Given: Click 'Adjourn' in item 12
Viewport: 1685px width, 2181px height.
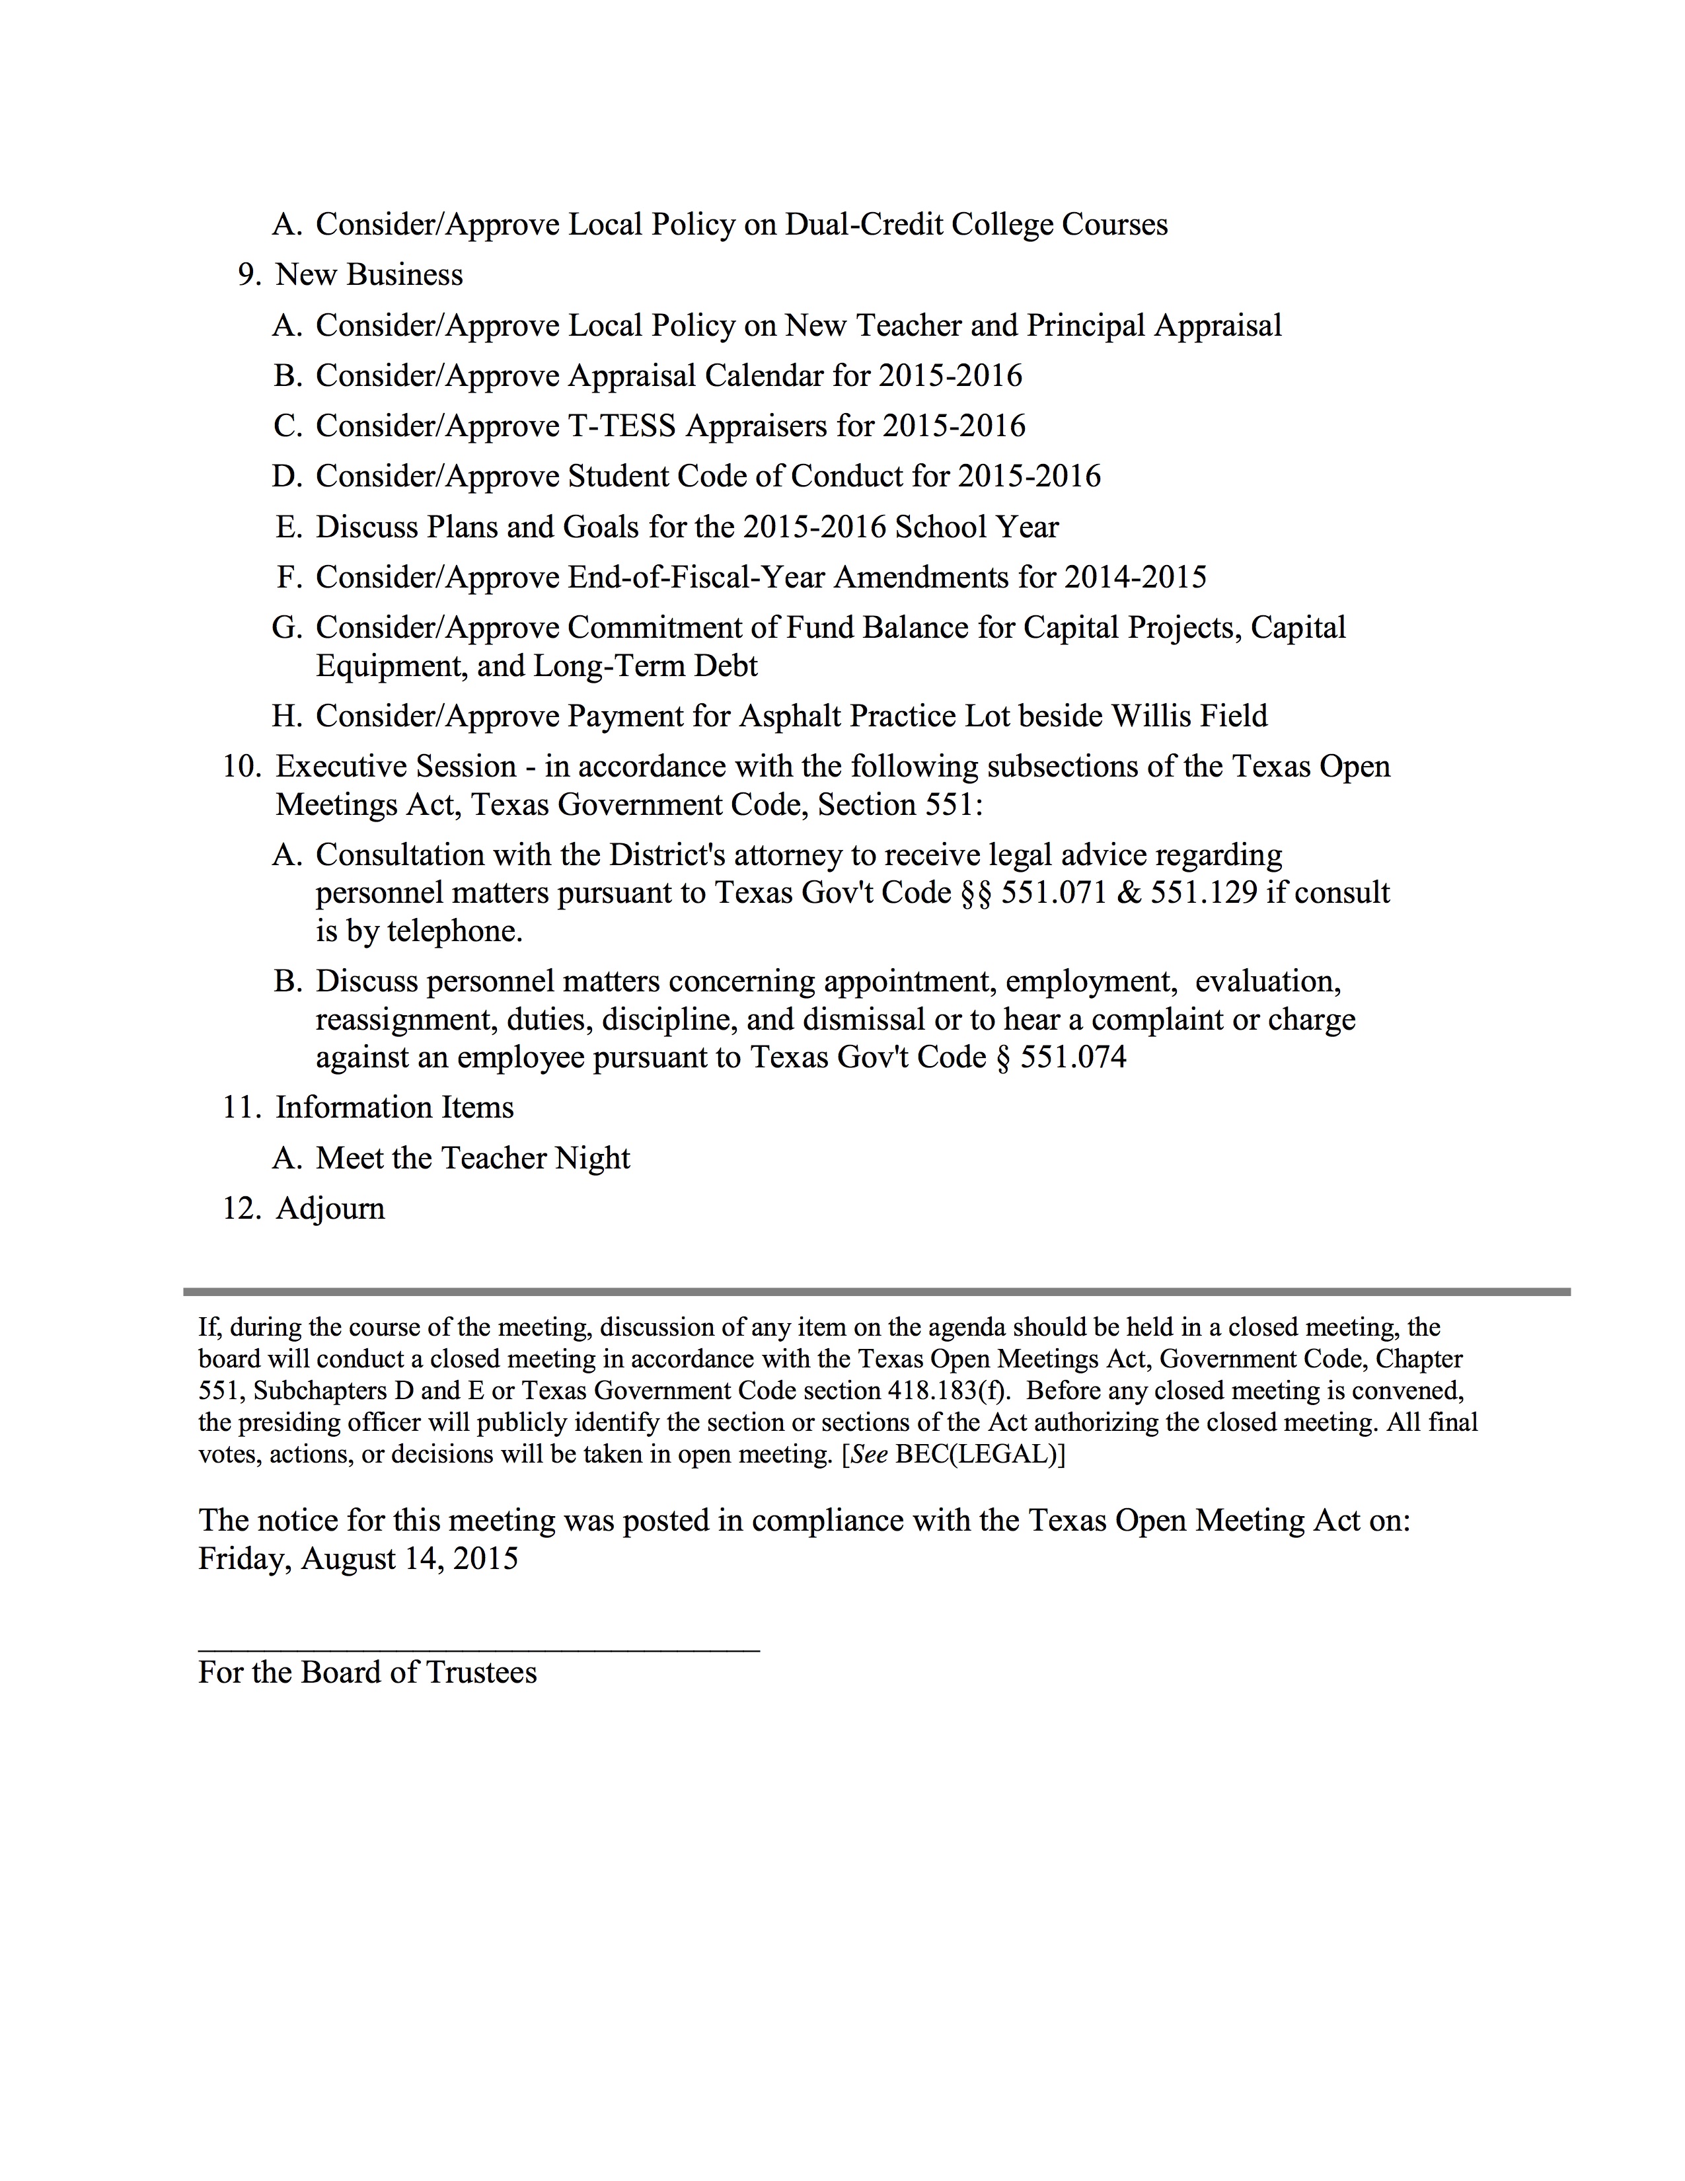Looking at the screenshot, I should [x=330, y=1208].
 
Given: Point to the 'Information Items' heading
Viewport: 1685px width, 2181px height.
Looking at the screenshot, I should [x=394, y=1108].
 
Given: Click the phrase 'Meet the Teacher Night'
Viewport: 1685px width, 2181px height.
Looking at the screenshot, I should [x=472, y=1159].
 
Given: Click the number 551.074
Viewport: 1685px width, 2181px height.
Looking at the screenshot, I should [x=1073, y=1057].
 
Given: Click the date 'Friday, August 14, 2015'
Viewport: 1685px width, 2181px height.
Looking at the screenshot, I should [x=357, y=1559].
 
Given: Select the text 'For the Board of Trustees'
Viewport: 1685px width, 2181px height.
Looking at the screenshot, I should [x=367, y=1673].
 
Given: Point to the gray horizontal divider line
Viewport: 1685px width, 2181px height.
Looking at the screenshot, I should [x=876, y=1292].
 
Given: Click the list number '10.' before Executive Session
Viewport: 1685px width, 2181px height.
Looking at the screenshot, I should [x=242, y=767].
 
